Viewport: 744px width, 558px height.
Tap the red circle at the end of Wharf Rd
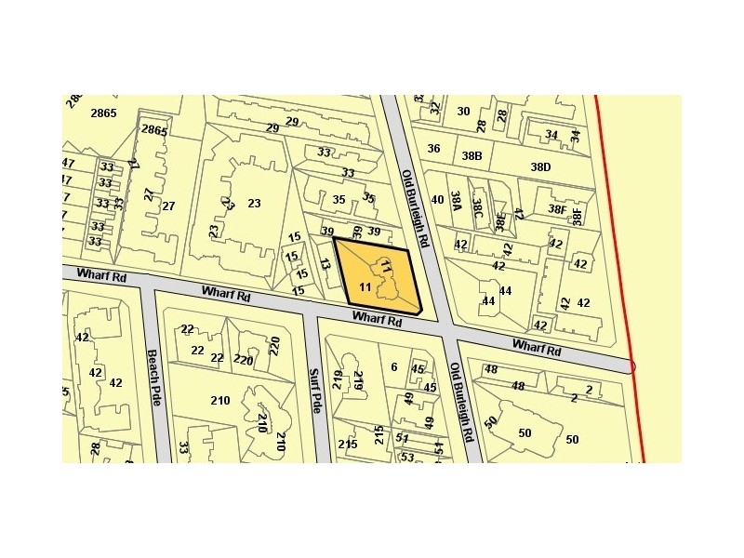[x=632, y=366]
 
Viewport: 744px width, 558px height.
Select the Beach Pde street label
[x=153, y=377]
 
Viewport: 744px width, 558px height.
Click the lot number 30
[x=463, y=112]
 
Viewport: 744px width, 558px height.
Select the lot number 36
[x=433, y=149]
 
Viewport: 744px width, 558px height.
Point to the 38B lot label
[x=472, y=155]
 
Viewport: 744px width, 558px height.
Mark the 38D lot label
[x=540, y=167]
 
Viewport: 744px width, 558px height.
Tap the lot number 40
[x=437, y=200]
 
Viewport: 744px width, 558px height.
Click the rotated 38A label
[x=456, y=204]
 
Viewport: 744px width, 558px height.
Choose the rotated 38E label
[x=500, y=221]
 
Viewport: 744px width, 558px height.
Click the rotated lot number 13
[x=325, y=265]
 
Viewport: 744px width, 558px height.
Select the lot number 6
[x=393, y=367]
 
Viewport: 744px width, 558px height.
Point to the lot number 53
[x=406, y=457]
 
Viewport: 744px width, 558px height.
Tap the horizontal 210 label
[x=219, y=401]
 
